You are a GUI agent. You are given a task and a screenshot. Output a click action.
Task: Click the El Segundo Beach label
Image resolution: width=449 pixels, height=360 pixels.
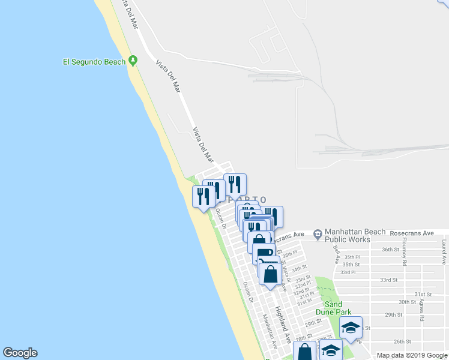[x=94, y=61]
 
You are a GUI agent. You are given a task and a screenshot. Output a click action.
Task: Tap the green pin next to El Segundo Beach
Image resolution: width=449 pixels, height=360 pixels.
[x=133, y=61]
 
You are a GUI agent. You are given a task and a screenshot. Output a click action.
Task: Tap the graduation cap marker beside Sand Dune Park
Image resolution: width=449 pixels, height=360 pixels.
[x=351, y=328]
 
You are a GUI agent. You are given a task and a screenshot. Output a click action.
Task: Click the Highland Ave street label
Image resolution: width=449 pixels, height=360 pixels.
[x=283, y=321]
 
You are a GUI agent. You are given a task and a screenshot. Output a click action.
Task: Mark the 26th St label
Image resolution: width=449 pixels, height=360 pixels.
[x=402, y=341]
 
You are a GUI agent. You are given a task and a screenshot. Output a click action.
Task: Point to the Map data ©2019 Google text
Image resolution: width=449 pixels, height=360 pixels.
[x=411, y=355]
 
